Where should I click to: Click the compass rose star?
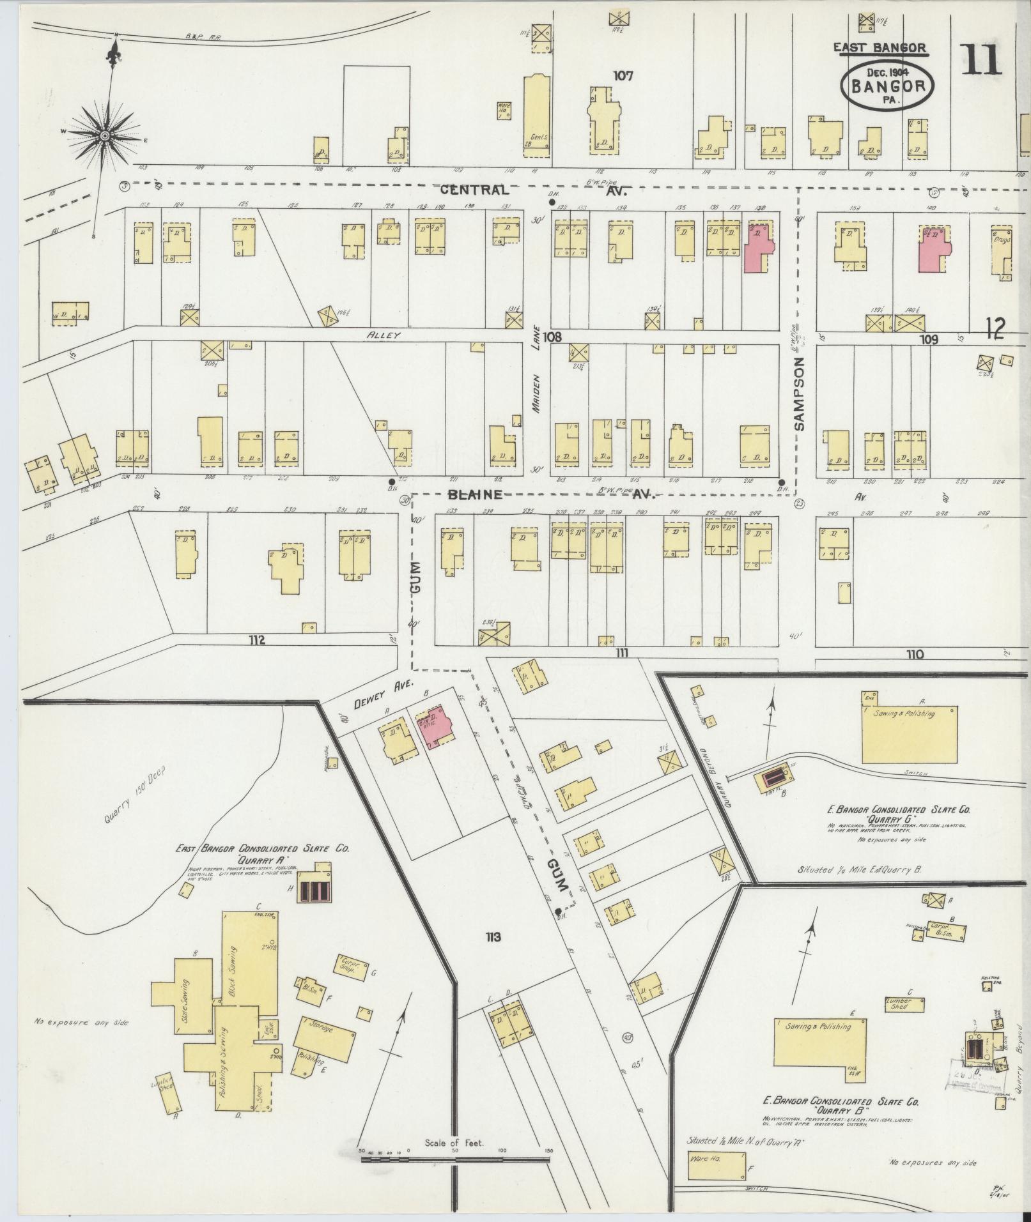[x=104, y=135]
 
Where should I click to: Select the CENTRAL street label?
[x=474, y=190]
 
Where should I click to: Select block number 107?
[x=623, y=76]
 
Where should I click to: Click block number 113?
[x=492, y=938]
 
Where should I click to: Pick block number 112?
[x=257, y=640]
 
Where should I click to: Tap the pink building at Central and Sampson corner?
[x=758, y=247]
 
